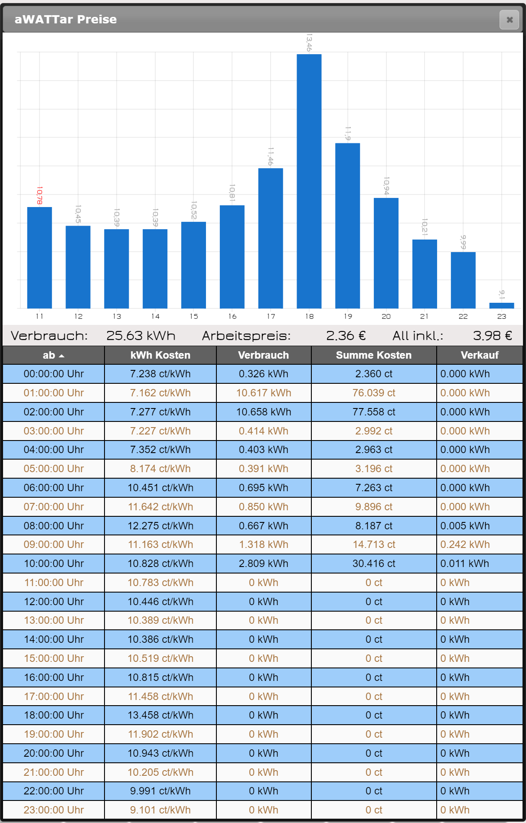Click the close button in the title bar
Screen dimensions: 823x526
(x=509, y=20)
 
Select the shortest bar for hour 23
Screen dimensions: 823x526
(x=502, y=305)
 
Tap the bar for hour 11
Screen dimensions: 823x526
(x=39, y=257)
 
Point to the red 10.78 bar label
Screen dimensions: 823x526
(x=39, y=195)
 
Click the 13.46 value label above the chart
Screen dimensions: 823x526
(x=309, y=42)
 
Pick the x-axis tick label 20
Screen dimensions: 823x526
(x=386, y=317)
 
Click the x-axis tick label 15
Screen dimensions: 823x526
(x=194, y=317)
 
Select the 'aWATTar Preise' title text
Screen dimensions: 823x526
(x=65, y=19)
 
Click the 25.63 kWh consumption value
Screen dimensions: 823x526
(x=140, y=336)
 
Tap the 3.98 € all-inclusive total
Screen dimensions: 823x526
(x=492, y=336)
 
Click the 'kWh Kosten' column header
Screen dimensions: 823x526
(x=160, y=355)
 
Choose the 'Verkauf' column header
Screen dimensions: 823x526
(x=480, y=355)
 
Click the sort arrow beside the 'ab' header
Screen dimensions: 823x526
(x=62, y=356)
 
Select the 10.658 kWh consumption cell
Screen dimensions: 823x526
(x=264, y=412)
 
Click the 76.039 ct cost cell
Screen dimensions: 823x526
(x=374, y=393)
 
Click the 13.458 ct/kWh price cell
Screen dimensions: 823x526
(x=160, y=715)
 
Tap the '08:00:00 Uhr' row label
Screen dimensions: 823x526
(x=54, y=526)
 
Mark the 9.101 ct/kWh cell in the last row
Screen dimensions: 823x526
(x=160, y=810)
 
